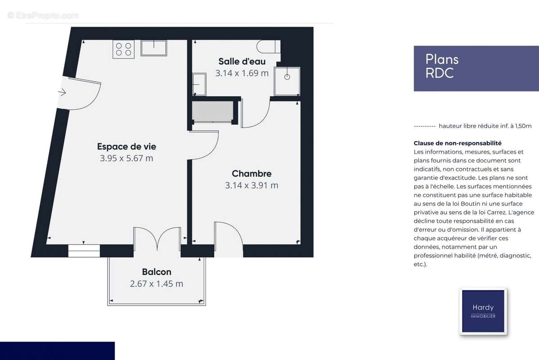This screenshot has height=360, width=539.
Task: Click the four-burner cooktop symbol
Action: (x=124, y=49)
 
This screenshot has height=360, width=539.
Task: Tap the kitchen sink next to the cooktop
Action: (x=153, y=48)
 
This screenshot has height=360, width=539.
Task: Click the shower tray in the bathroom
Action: (x=287, y=81)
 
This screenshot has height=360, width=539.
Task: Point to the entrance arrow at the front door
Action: (x=62, y=92)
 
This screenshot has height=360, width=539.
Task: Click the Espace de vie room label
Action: (x=126, y=147)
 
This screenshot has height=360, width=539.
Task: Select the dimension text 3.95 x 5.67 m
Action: (x=126, y=158)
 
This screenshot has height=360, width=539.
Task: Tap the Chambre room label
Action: (x=252, y=174)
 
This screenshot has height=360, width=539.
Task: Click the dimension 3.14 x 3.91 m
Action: (x=252, y=185)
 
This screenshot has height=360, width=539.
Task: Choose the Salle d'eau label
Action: (x=242, y=61)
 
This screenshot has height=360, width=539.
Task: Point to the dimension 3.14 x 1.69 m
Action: (x=242, y=73)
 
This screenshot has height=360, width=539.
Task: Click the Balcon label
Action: (x=157, y=272)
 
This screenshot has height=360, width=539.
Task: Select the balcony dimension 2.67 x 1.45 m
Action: (x=157, y=284)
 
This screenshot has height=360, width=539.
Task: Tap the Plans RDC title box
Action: (x=476, y=68)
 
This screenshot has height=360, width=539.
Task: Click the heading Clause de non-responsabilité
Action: (x=457, y=143)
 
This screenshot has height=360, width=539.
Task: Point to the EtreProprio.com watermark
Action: (x=43, y=16)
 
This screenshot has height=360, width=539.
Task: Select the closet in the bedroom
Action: (x=213, y=112)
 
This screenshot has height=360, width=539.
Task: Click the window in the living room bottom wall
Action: (x=84, y=251)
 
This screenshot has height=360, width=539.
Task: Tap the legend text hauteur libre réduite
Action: (x=485, y=126)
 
